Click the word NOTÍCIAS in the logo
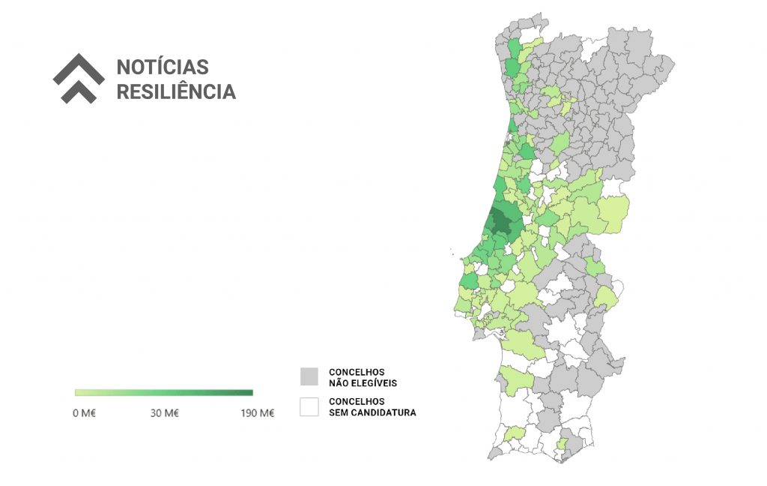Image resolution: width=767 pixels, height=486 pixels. click(x=163, y=67)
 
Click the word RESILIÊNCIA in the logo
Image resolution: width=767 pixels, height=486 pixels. click(x=176, y=91)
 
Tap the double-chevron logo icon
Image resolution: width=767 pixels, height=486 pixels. click(x=79, y=78)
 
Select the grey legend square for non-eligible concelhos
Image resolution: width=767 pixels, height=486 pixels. click(x=309, y=376)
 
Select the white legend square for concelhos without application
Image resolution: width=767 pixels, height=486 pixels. click(x=309, y=406)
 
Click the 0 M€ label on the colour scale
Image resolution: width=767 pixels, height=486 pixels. click(x=84, y=413)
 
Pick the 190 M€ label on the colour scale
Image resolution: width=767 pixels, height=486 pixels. click(x=257, y=413)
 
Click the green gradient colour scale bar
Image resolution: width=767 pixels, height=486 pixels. click(x=164, y=392)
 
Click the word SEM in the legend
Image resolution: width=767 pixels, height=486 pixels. click(x=339, y=412)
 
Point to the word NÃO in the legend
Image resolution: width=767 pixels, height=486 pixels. click(x=339, y=383)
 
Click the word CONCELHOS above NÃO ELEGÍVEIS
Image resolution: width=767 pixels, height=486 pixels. click(x=357, y=372)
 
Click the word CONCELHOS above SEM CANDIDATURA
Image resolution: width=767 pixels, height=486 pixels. click(x=357, y=401)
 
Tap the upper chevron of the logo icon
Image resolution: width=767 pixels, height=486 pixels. click(x=79, y=68)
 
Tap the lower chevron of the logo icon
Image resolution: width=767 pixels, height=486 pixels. click(x=79, y=91)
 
